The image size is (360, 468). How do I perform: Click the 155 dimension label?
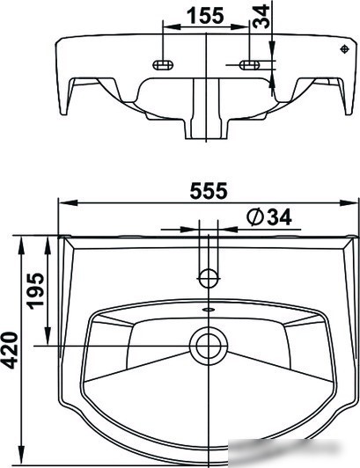coord(205,16)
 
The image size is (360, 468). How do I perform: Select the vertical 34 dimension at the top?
coord(261,17)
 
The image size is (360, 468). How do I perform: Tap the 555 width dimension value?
coord(209,191)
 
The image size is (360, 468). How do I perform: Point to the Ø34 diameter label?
coord(269,217)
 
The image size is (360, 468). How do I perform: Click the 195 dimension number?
coord(35,290)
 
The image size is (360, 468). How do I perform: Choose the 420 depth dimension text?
coord(9,350)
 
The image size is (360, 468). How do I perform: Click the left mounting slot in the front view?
coord(163,64)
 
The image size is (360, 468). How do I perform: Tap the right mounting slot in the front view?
coord(250,64)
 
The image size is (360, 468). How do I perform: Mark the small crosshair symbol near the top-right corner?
coord(345,49)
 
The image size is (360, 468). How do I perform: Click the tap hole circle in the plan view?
coord(209,278)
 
